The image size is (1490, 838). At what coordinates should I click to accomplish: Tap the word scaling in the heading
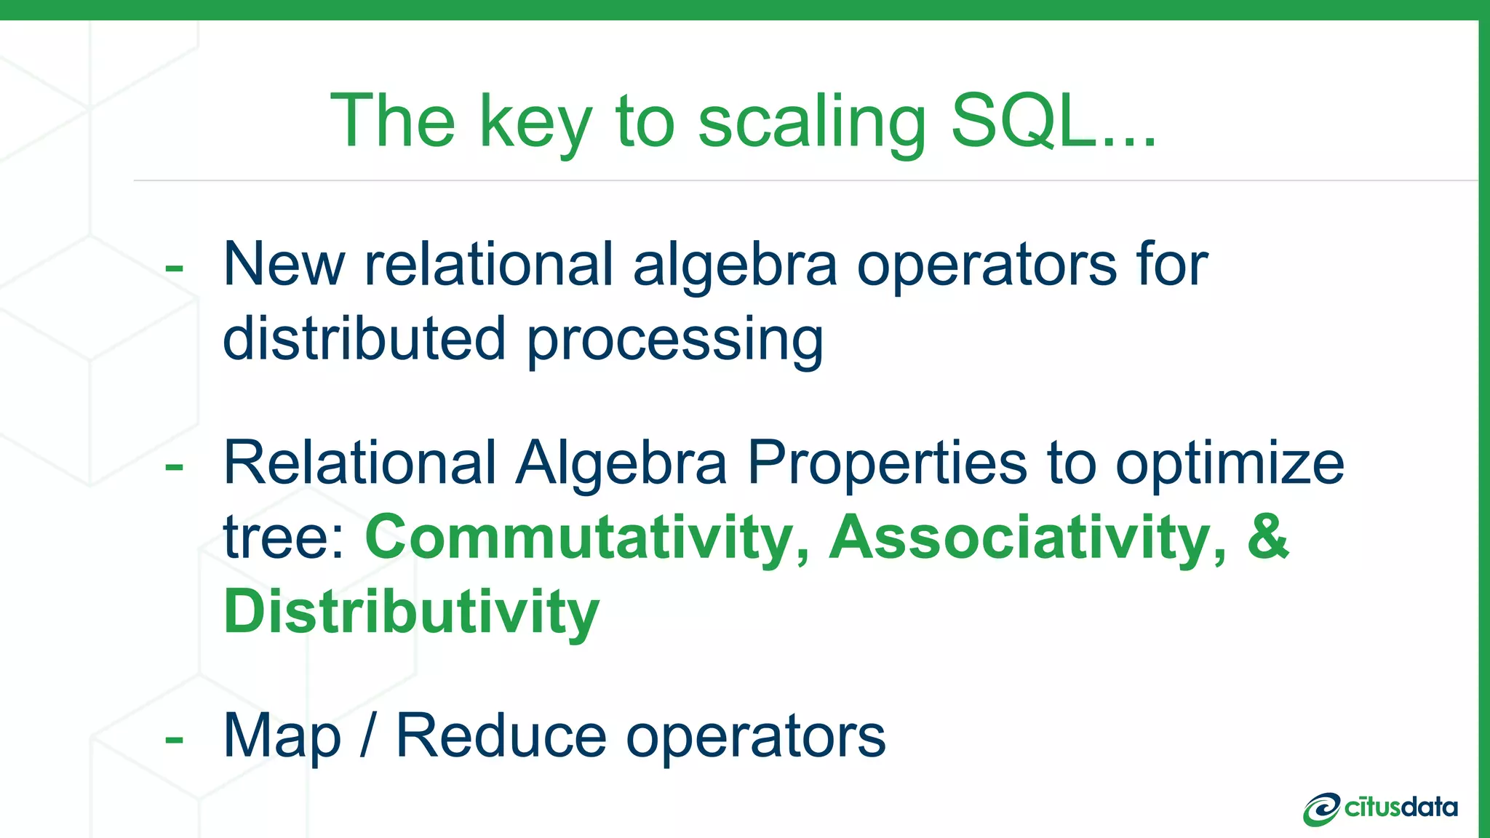pyautogui.click(x=812, y=124)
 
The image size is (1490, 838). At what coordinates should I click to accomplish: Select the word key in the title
pyautogui.click(x=535, y=124)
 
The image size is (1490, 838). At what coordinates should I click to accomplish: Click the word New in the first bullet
pyautogui.click(x=284, y=264)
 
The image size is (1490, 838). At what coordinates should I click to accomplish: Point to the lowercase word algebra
pyautogui.click(x=735, y=266)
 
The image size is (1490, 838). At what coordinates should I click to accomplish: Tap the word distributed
pyautogui.click(x=364, y=339)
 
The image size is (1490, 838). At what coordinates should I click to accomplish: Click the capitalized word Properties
pyautogui.click(x=887, y=464)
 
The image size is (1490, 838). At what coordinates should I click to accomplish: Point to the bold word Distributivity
pyautogui.click(x=411, y=612)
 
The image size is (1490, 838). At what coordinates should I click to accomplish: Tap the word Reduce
pyautogui.click(x=501, y=736)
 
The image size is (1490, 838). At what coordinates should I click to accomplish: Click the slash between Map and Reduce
pyautogui.click(x=367, y=736)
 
